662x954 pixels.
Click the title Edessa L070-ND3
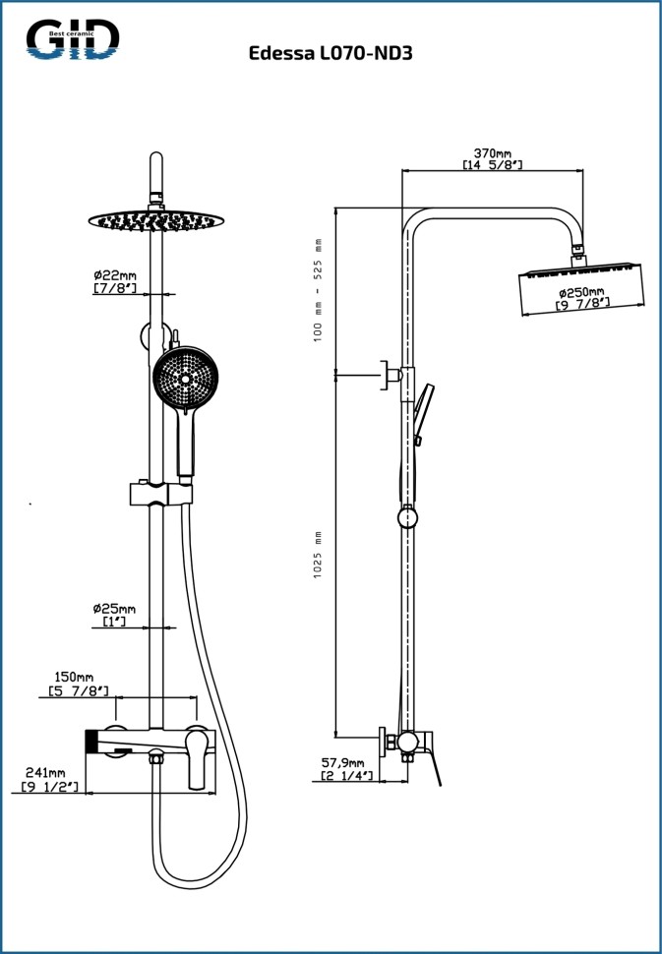tap(331, 54)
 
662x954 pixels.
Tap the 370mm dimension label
tap(492, 153)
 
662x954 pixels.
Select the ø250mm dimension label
tap(582, 292)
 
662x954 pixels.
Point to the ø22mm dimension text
tap(114, 275)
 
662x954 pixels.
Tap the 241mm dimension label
tap(45, 773)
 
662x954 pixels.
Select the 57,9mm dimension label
tap(342, 762)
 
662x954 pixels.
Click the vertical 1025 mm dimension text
tap(318, 555)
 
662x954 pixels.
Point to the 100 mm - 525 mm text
tap(318, 288)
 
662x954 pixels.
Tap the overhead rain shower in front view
tap(155, 219)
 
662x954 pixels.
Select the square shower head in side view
tap(580, 287)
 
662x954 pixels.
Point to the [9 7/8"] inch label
tap(582, 305)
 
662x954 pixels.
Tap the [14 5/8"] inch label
tap(492, 165)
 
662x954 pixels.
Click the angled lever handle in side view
tap(433, 762)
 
